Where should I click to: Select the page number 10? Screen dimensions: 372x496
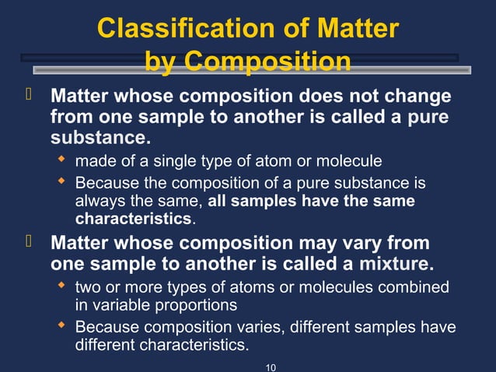tap(271, 365)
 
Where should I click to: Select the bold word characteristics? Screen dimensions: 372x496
tap(133, 219)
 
